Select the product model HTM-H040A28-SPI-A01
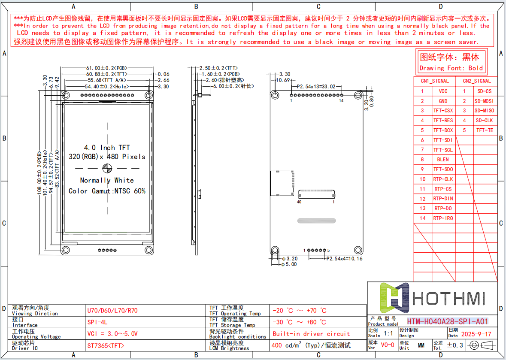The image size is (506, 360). [447, 321]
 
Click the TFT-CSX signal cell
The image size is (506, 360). [443, 111]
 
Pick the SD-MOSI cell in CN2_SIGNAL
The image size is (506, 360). [484, 101]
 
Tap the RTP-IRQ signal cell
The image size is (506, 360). [443, 218]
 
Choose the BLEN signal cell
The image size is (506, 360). [443, 160]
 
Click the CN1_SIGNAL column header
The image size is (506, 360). [434, 81]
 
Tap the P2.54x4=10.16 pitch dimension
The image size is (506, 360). [344, 259]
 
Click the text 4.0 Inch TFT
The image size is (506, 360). [106, 148]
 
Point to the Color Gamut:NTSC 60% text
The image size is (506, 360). [107, 191]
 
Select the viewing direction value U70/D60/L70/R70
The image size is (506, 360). [112, 311]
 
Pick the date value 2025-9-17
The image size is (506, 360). [476, 334]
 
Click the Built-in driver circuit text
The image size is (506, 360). [311, 334]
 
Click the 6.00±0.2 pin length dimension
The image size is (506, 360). [233, 86]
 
